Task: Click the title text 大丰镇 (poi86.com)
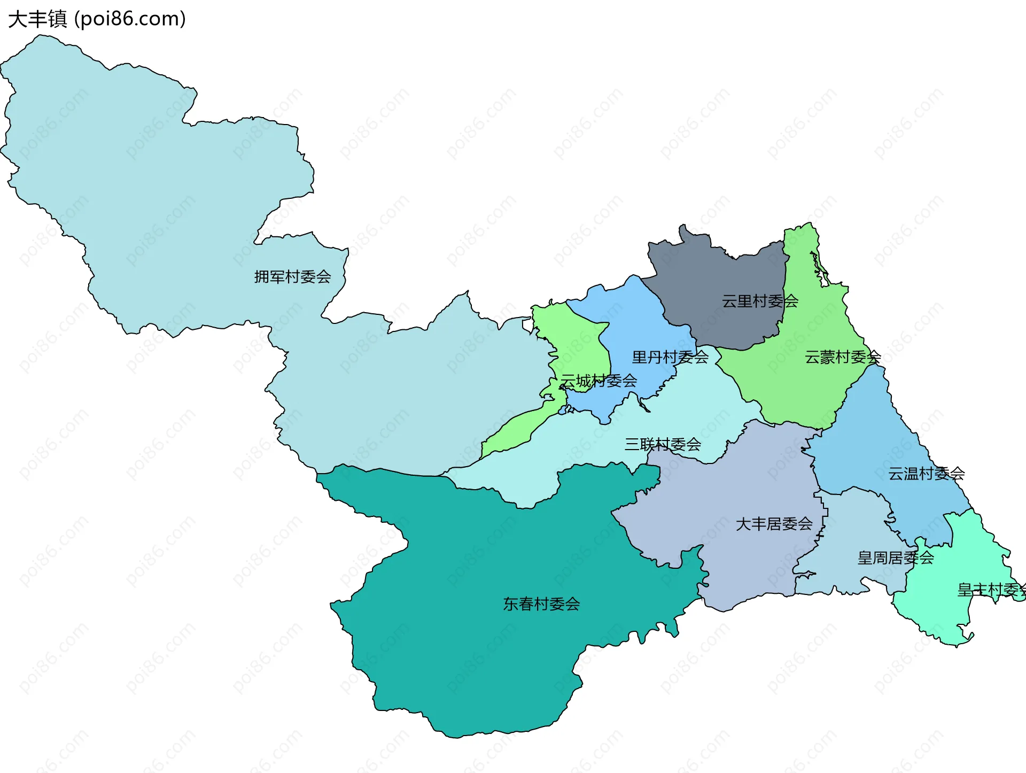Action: point(97,19)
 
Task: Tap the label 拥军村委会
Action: point(292,277)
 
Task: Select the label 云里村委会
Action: point(759,302)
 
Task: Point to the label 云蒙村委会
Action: point(842,357)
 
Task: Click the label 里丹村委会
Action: point(670,357)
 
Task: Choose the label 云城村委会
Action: point(598,381)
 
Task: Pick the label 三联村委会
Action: point(663,444)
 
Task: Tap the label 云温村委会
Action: point(926,474)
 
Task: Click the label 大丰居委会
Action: point(774,524)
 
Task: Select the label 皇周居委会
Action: point(895,558)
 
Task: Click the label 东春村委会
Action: point(541,604)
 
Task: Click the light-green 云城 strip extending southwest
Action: point(513,433)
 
